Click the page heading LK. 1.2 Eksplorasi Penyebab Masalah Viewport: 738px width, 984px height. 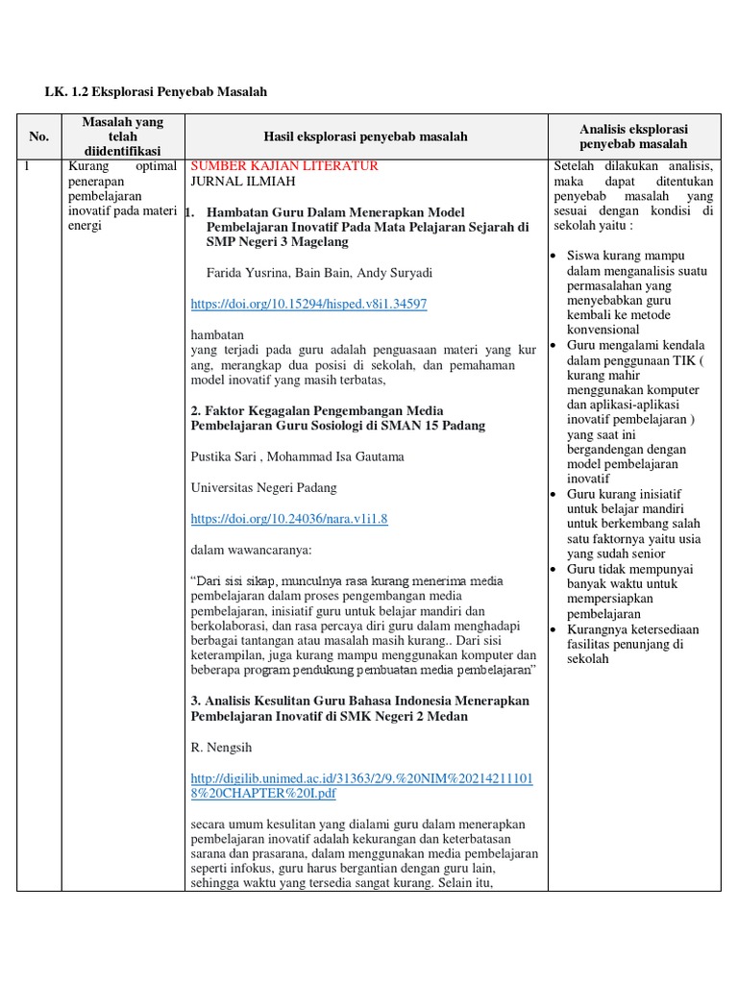pyautogui.click(x=156, y=91)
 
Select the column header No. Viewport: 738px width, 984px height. pyautogui.click(x=38, y=136)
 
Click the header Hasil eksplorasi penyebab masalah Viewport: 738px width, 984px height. pyautogui.click(x=365, y=136)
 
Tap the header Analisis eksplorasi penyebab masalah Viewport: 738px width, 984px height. pyautogui.click(x=633, y=136)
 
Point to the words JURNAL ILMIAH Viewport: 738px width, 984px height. pyautogui.click(x=243, y=181)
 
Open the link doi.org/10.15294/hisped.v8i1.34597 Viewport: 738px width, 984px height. pyautogui.click(x=308, y=304)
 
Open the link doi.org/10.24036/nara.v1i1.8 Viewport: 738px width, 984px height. pyautogui.click(x=289, y=519)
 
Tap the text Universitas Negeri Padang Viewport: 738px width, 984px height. pyautogui.click(x=262, y=488)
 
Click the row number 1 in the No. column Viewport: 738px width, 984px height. pyautogui.click(x=28, y=166)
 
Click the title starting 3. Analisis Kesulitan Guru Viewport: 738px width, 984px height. pyautogui.click(x=360, y=709)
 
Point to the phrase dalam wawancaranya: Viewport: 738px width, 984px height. pyautogui.click(x=252, y=551)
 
